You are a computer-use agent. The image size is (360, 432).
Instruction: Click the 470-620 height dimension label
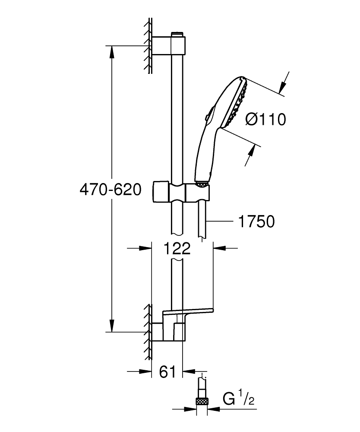tap(111, 190)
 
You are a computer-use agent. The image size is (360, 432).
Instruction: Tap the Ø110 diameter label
tap(265, 119)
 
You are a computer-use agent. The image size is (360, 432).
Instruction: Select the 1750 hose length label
tap(256, 222)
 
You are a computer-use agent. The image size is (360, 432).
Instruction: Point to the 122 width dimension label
tap(177, 248)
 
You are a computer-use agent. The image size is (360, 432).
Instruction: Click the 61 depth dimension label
tap(167, 372)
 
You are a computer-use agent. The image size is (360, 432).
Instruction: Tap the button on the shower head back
tap(208, 115)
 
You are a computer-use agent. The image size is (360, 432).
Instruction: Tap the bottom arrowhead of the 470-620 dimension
tap(112, 326)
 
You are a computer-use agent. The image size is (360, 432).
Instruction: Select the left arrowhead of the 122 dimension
tap(146, 248)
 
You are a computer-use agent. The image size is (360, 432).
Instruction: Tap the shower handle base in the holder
tap(202, 184)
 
